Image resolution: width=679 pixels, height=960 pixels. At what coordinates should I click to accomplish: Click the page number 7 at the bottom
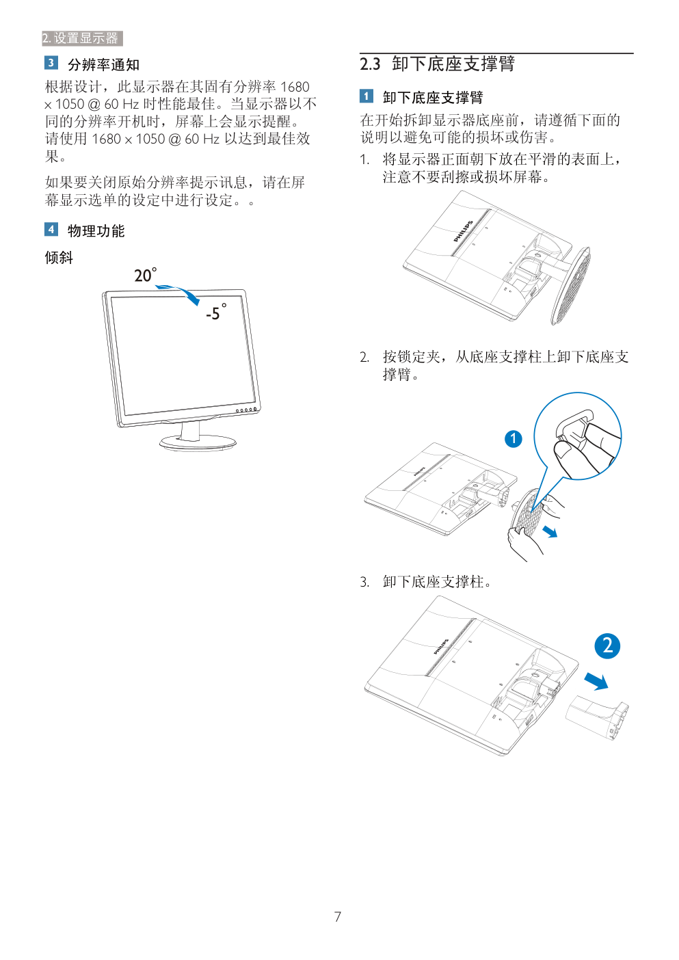point(338,917)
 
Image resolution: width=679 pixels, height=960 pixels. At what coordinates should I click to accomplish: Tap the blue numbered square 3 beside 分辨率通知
point(51,63)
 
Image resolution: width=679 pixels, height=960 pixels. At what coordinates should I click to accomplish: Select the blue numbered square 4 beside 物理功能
point(51,229)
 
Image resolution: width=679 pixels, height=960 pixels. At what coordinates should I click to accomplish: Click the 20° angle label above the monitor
point(146,275)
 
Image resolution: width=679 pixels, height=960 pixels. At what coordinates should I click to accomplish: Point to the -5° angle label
point(216,312)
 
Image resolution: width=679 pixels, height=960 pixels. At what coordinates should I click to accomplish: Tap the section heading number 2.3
point(370,64)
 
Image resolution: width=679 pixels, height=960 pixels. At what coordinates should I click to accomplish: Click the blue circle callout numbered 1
point(513,439)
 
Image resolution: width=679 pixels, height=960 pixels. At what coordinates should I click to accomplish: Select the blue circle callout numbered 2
point(607,646)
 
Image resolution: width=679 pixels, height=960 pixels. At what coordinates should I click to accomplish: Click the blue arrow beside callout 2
point(596,681)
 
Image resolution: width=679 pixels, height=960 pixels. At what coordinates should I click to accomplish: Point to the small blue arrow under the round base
point(550,532)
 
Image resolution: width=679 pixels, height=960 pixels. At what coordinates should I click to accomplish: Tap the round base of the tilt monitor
point(198,442)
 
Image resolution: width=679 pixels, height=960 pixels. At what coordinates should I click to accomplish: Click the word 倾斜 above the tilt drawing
point(59,258)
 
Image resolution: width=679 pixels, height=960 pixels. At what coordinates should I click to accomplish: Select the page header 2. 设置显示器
point(82,38)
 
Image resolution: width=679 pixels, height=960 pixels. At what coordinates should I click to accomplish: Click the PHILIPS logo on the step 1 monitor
point(463,231)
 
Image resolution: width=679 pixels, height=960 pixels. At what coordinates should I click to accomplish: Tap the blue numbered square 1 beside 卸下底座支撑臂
point(367,96)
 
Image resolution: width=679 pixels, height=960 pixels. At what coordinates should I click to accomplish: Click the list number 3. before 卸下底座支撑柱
point(364,583)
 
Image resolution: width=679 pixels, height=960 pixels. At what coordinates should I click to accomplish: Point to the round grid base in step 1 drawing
point(570,285)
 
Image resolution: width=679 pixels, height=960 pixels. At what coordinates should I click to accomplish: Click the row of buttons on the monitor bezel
point(246,410)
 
